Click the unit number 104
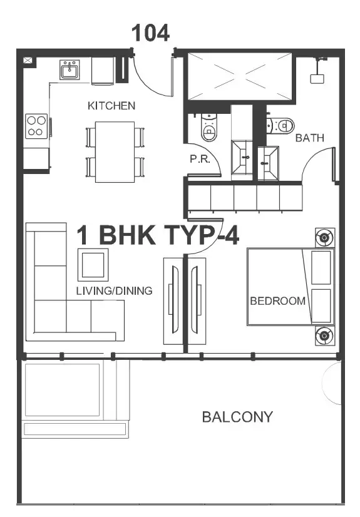tap(150, 33)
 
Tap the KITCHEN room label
tap(111, 106)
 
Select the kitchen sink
tap(69, 69)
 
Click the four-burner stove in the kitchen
tap(36, 126)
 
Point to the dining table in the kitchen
tap(115, 152)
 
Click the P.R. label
tap(200, 159)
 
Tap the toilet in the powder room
tap(208, 127)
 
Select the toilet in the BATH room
tap(280, 126)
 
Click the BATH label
tap(309, 138)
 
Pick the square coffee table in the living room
tap(93, 265)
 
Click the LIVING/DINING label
tap(114, 291)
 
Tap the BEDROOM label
tap(277, 301)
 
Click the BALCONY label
tap(237, 417)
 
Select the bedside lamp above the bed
tap(325, 237)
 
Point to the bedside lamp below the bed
tap(325, 335)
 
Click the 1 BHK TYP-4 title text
tap(158, 235)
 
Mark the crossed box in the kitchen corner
tap(28, 60)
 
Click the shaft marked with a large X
tap(240, 76)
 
